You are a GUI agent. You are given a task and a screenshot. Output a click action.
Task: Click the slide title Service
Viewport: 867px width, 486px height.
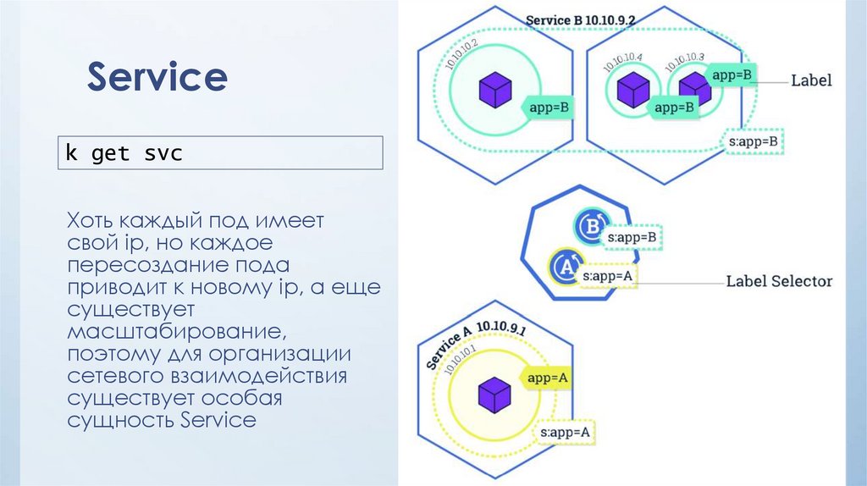(157, 78)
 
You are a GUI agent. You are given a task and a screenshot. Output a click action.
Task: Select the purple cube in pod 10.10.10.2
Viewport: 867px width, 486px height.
(495, 90)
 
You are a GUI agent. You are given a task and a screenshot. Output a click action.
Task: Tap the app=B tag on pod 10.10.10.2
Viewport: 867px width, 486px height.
(549, 108)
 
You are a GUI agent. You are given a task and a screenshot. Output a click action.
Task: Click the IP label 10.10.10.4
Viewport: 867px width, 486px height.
(623, 62)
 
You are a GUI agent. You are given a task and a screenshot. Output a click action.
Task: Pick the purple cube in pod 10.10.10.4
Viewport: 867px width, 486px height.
(632, 89)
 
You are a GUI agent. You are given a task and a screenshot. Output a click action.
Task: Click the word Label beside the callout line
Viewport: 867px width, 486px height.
(811, 81)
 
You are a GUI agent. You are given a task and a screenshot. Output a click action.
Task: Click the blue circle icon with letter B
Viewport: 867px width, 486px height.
(589, 227)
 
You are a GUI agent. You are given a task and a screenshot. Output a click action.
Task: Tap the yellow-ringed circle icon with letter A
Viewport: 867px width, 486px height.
(565, 267)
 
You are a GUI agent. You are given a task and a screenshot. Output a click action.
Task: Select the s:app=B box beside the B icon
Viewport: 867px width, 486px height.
(632, 238)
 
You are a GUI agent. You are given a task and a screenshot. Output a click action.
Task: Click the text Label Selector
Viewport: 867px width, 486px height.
(779, 281)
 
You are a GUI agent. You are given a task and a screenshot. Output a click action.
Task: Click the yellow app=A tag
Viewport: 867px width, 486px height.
(547, 378)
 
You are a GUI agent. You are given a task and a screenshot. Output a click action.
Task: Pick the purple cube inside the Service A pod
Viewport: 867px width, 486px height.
(494, 395)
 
